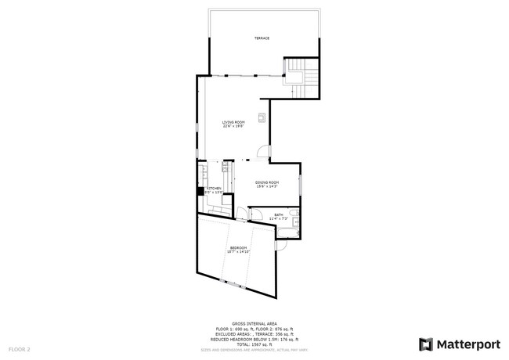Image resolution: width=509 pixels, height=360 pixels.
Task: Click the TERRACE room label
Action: (262, 38)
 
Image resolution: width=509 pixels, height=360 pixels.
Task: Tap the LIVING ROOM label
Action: (233, 121)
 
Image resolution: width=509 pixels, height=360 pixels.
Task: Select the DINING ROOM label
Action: (267, 182)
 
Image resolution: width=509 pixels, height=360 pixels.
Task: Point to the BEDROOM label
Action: (238, 247)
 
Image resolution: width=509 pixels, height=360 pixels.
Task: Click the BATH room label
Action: (279, 214)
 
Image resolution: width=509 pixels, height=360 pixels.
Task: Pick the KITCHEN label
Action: (214, 188)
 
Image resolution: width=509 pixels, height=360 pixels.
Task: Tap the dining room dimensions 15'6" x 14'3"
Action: (267, 186)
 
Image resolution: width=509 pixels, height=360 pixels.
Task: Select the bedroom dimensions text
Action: (238, 252)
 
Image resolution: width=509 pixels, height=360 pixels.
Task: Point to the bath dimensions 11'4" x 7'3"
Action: (279, 218)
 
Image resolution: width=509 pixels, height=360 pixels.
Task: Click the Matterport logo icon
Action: (426, 343)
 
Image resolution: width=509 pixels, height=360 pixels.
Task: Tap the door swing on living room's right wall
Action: (264, 153)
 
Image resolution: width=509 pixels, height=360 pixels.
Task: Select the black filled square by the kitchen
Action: (200, 189)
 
